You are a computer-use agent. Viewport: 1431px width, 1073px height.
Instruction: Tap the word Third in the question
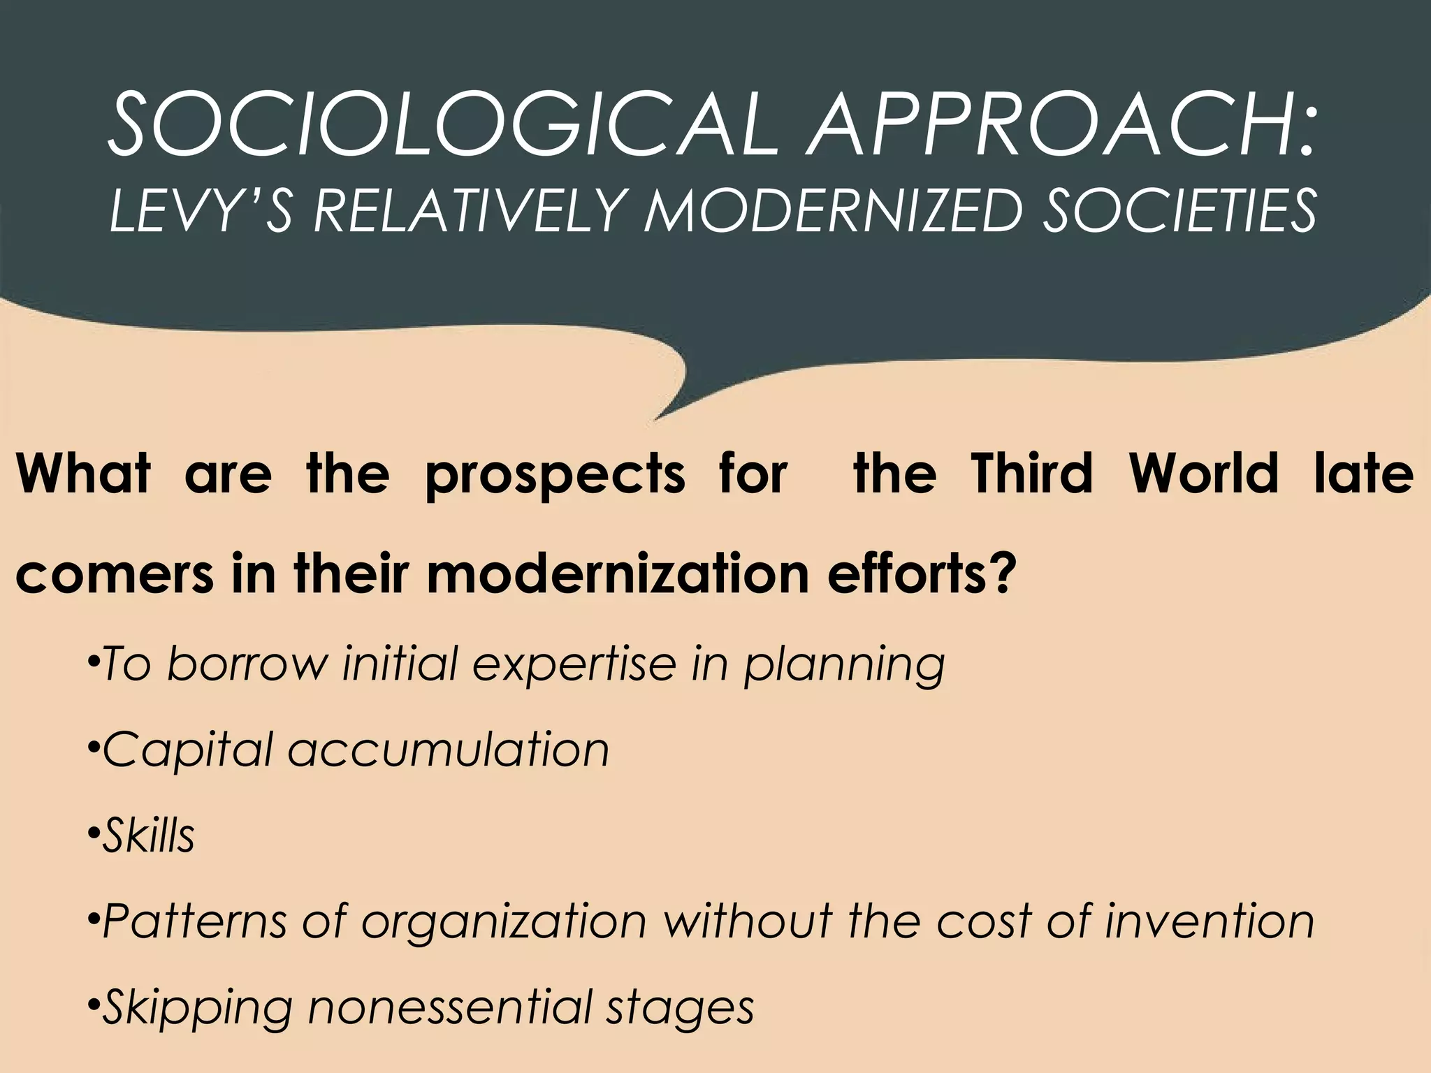pos(1032,474)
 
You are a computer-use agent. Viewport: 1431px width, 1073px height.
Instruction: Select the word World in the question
pos(1203,474)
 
